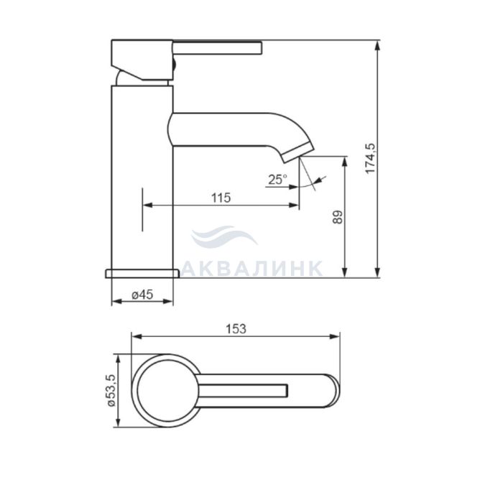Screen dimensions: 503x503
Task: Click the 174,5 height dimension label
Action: pos(371,159)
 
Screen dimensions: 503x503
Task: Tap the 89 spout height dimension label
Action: pos(338,217)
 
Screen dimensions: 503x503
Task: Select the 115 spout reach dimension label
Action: pos(221,198)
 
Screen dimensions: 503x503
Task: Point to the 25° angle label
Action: pos(277,180)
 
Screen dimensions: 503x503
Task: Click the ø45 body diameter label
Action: pos(143,294)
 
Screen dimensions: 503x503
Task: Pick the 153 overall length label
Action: pos(236,329)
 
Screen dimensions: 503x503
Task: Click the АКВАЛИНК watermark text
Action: pos(251,268)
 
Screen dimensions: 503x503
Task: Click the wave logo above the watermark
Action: pos(224,236)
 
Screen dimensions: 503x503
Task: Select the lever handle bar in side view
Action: pos(218,48)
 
